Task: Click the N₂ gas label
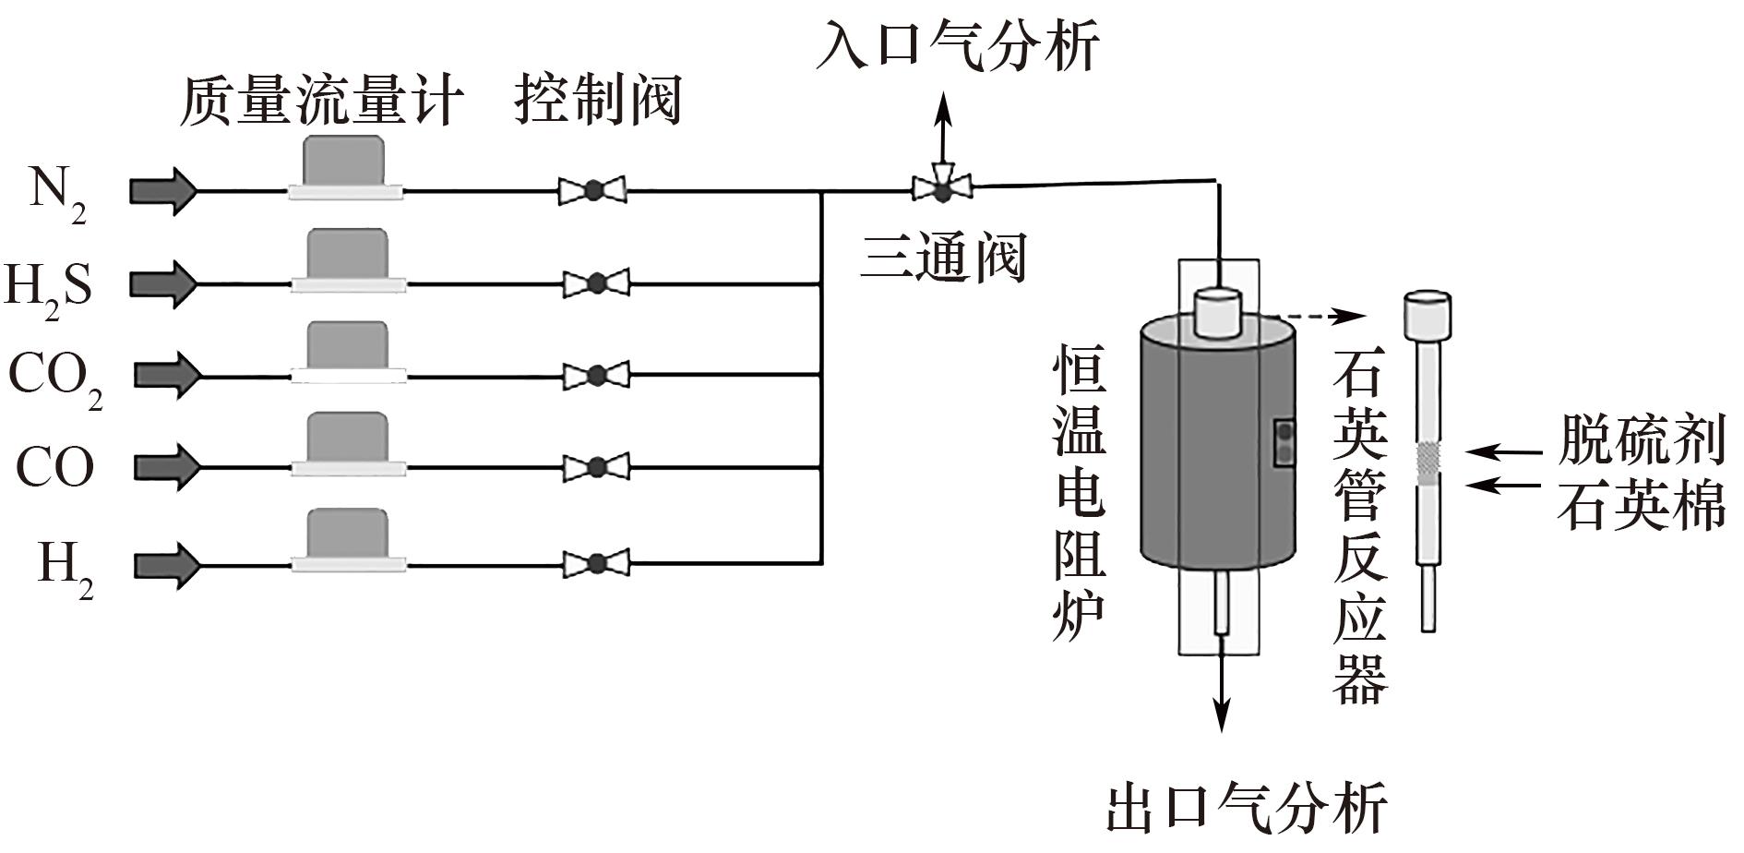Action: [57, 194]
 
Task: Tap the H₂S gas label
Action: [48, 286]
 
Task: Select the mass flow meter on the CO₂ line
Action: [347, 352]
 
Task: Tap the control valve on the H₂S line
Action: [596, 282]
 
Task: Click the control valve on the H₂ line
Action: [596, 563]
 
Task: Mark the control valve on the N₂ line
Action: [592, 191]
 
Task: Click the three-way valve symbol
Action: [942, 189]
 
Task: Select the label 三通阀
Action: [943, 256]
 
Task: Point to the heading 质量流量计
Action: [319, 100]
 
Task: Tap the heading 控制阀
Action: [598, 100]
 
